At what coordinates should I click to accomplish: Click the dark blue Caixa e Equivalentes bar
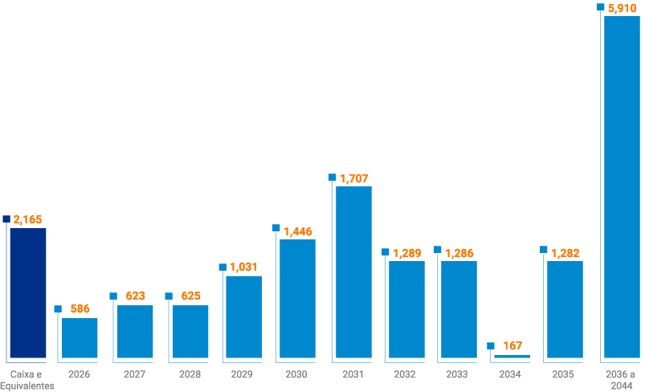pyautogui.click(x=28, y=293)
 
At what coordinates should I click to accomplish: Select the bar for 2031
pyautogui.click(x=353, y=272)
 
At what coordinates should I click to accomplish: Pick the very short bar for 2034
pyautogui.click(x=512, y=356)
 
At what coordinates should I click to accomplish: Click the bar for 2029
pyautogui.click(x=243, y=316)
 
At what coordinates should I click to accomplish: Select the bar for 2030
pyautogui.click(x=297, y=299)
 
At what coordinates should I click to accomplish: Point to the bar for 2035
pyautogui.click(x=565, y=309)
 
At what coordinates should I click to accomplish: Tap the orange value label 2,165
pyautogui.click(x=28, y=219)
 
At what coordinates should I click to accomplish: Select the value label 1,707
pyautogui.click(x=354, y=178)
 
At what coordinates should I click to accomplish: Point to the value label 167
pyautogui.click(x=512, y=346)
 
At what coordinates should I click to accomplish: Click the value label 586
pyautogui.click(x=80, y=308)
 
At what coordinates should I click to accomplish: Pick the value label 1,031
pyautogui.click(x=245, y=267)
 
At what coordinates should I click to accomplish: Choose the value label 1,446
pyautogui.click(x=298, y=231)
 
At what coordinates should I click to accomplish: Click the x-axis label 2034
pyautogui.click(x=509, y=374)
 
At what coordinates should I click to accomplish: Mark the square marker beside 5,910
pyautogui.click(x=601, y=6)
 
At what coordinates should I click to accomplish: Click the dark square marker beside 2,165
pyautogui.click(x=6, y=218)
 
